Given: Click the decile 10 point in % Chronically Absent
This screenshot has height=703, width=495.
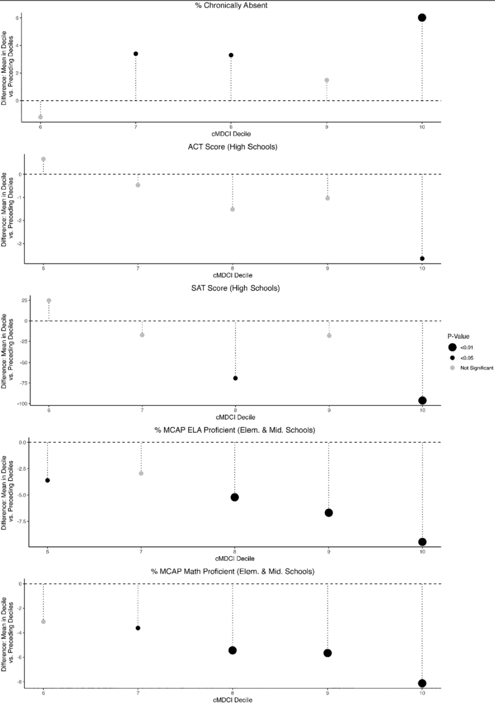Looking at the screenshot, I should [422, 18].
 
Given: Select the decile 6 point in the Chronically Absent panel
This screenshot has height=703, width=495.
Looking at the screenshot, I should [41, 117].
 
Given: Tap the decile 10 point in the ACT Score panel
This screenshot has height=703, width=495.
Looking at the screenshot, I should [422, 258].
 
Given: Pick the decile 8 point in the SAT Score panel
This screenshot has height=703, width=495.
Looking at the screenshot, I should [236, 378].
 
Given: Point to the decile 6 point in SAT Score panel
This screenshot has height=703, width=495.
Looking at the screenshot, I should [49, 301].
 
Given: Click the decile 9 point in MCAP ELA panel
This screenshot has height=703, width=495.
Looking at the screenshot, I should [329, 513].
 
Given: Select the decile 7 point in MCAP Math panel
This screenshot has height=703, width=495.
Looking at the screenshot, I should [138, 628].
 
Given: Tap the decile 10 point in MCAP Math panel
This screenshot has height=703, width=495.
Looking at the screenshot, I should [422, 683].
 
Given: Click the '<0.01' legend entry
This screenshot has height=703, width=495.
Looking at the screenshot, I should [466, 347].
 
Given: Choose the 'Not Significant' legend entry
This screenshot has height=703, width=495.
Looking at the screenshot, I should [476, 368].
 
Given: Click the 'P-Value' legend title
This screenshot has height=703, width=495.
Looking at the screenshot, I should [458, 336].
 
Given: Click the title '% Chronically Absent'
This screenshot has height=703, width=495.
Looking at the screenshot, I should [231, 5].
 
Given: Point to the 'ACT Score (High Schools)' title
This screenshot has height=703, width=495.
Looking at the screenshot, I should [232, 147].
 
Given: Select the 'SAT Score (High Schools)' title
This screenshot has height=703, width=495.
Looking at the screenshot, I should [235, 288].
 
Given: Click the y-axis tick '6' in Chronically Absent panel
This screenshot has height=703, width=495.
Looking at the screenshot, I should [17, 18].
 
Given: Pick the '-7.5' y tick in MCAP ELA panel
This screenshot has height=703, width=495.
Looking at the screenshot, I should [20, 521].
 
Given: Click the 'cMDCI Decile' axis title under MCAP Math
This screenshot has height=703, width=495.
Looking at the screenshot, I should [232, 700].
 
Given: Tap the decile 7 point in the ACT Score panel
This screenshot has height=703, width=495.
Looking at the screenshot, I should [138, 185].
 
